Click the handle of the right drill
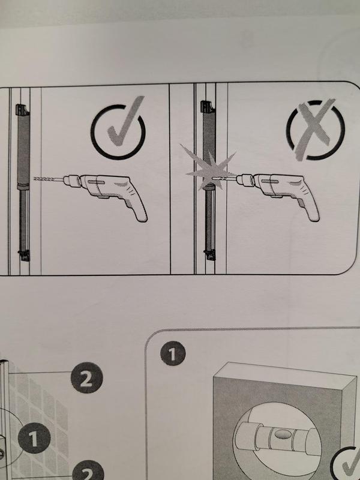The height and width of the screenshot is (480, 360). click(307, 206)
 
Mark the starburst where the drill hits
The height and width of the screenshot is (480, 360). click(208, 169)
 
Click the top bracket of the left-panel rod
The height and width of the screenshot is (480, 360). click(22, 110)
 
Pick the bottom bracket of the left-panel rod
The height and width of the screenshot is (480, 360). click(24, 255)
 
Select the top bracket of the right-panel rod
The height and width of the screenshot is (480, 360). click(207, 107)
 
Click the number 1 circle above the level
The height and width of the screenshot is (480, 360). click(173, 353)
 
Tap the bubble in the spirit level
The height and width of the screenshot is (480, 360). click(281, 434)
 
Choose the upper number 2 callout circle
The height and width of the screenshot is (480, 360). click(86, 377)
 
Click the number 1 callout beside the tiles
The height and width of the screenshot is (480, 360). click(34, 438)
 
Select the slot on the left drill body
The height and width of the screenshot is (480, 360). click(96, 182)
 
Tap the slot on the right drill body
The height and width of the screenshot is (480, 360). click(269, 181)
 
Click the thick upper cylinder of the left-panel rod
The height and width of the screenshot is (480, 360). click(23, 150)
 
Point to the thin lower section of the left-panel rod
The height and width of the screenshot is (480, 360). click(24, 220)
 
